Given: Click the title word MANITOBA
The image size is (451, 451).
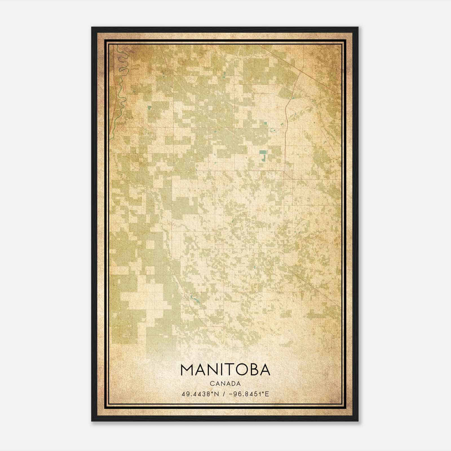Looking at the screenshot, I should click(225, 370).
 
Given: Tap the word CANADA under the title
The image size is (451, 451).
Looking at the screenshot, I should click(225, 384).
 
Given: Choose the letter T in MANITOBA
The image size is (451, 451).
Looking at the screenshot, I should click(227, 370).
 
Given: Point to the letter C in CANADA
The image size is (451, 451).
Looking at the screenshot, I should click(211, 384).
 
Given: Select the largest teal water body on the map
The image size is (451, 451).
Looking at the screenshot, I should click(263, 155).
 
